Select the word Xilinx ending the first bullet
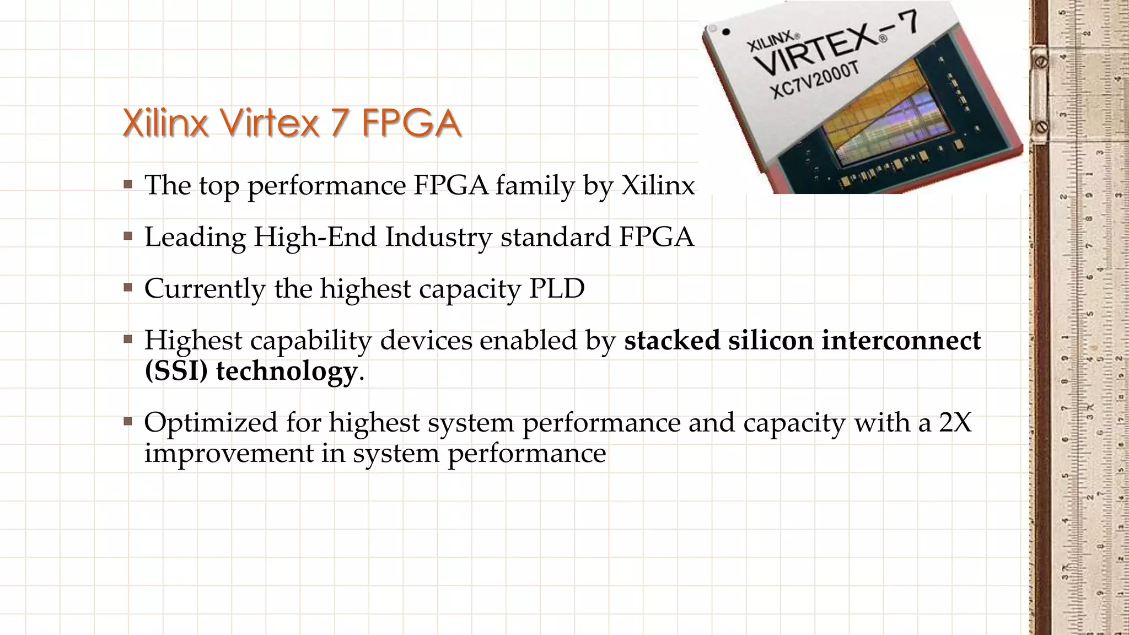(658, 185)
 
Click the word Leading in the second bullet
(195, 238)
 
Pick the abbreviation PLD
(557, 288)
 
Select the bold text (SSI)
(176, 370)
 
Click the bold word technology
(286, 371)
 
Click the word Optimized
(211, 423)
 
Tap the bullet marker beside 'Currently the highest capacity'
(128, 288)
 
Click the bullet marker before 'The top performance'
(128, 184)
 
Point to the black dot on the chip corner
(727, 32)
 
